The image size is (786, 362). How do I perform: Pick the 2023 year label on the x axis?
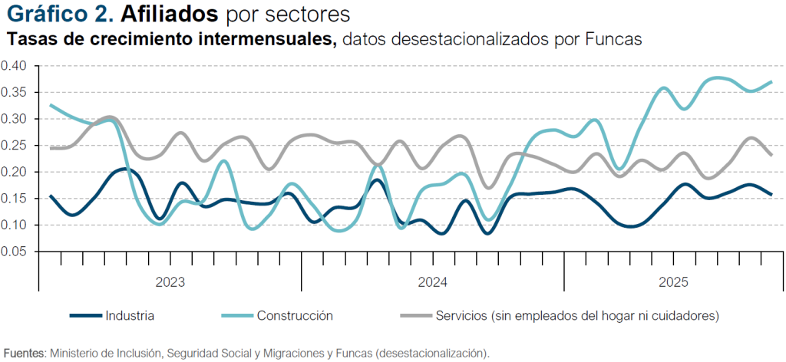coord(170,282)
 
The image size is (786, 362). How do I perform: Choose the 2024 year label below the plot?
coord(433,282)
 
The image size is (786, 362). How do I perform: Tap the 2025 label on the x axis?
coord(674,282)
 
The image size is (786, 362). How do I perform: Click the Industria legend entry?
coord(130,315)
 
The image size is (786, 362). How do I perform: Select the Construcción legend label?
coord(295,315)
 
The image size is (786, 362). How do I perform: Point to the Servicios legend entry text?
coord(576,315)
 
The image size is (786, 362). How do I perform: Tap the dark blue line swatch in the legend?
coord(85,315)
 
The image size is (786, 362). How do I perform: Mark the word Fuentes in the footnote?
coord(24,353)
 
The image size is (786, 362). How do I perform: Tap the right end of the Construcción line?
coord(771,81)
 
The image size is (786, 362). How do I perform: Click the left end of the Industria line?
coord(50,196)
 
